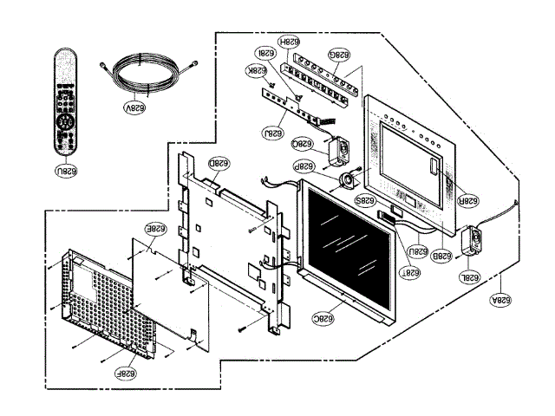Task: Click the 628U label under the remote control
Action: [x=67, y=170]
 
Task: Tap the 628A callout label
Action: [x=500, y=296]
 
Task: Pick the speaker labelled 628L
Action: [x=473, y=240]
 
